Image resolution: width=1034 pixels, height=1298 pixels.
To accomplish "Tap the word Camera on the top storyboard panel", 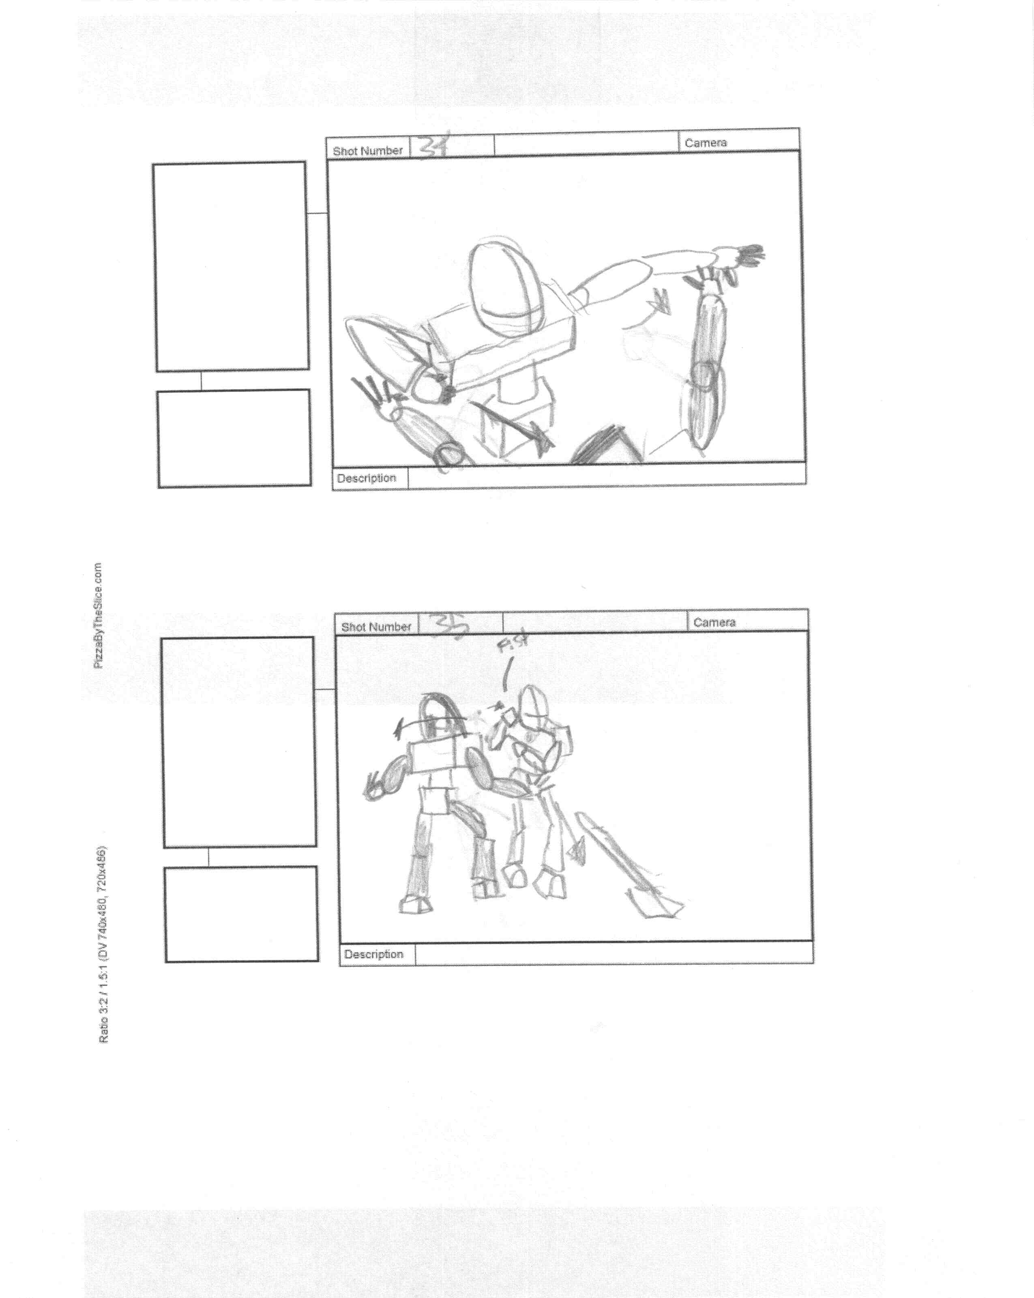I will [706, 143].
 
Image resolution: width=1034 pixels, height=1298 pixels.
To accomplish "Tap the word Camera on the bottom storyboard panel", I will [714, 622].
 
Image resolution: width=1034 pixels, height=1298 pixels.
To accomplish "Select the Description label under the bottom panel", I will [373, 954].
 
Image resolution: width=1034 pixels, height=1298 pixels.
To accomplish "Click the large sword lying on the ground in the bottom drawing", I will [626, 867].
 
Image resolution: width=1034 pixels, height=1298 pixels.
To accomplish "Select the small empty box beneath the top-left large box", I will [234, 438].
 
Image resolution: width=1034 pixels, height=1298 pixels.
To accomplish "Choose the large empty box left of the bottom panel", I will [239, 742].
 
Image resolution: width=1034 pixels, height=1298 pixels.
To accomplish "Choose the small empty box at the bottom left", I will [241, 914].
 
